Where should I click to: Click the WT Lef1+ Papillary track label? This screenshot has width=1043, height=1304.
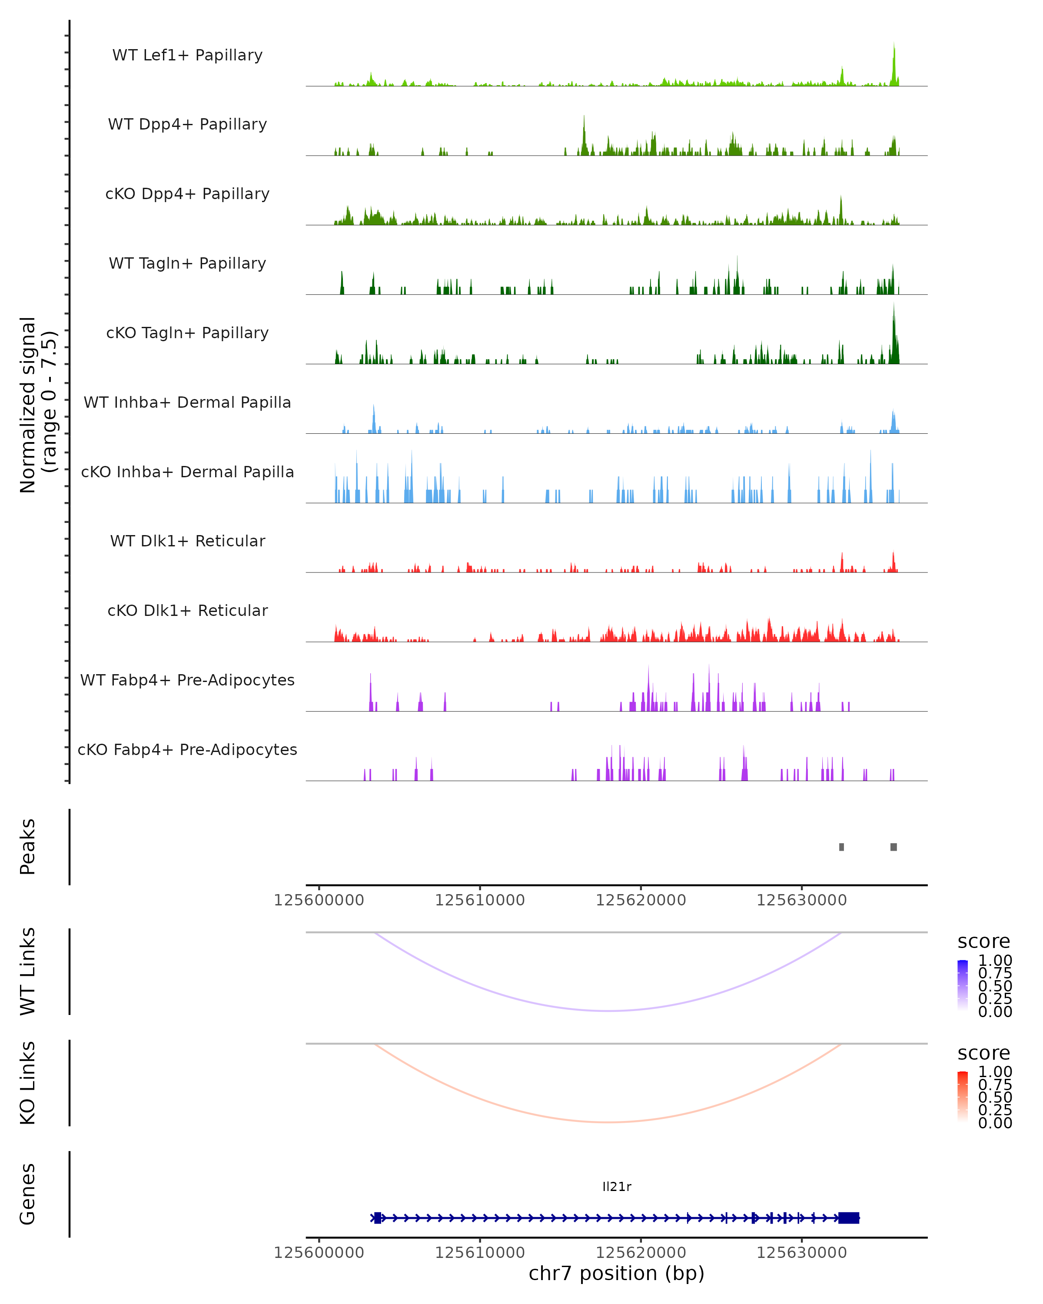(187, 55)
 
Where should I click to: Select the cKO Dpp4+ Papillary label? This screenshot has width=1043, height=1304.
(187, 193)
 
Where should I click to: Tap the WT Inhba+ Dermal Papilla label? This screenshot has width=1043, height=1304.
(187, 402)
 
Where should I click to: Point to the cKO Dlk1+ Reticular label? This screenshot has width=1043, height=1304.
(187, 610)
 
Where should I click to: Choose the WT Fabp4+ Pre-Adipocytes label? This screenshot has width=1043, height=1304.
(187, 680)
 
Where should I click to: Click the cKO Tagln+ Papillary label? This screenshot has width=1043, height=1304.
(187, 333)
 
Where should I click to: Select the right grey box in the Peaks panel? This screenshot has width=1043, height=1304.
(894, 847)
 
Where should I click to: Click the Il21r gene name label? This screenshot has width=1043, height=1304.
(617, 1187)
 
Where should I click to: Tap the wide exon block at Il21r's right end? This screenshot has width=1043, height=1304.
(849, 1218)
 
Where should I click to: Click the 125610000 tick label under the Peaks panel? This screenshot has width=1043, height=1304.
(480, 900)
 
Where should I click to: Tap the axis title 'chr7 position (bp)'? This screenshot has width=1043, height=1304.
(617, 1273)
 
